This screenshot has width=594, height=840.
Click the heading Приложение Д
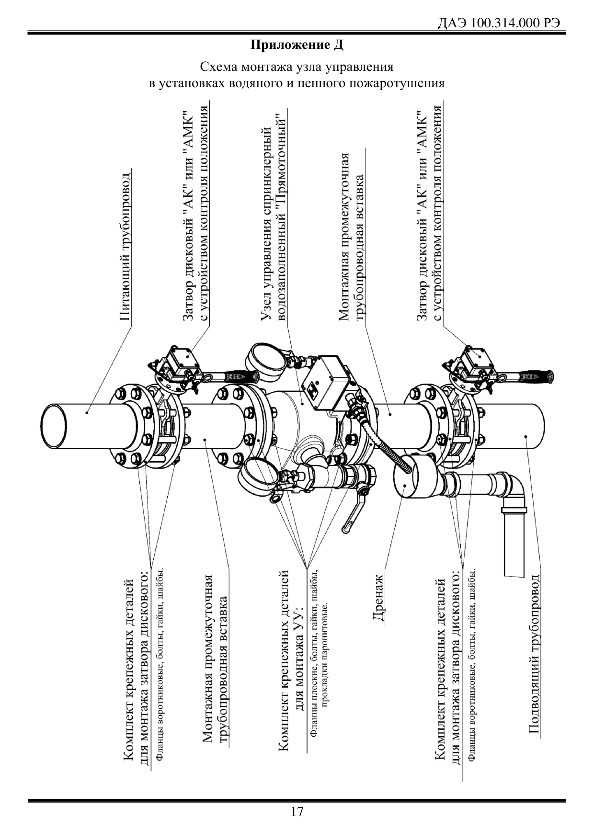pyautogui.click(x=297, y=46)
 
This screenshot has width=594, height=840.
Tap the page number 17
pyautogui.click(x=297, y=812)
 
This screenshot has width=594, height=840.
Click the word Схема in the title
pyautogui.click(x=221, y=67)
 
